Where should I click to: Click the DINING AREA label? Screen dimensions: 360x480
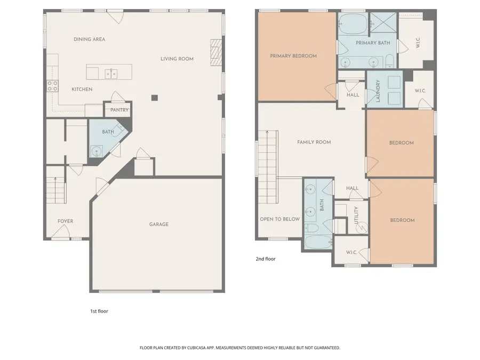point(89,39)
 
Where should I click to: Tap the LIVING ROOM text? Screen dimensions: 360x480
point(177,59)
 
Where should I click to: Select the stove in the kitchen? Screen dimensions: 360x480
point(52,85)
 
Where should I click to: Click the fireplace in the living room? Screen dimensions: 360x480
point(215,52)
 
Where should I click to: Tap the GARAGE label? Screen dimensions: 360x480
point(158,224)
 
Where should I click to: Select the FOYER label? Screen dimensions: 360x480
point(66,221)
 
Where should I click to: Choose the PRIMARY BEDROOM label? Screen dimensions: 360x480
point(293,56)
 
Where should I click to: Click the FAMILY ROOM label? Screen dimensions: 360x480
point(314,142)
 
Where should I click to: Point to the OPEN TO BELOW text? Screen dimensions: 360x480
point(279,219)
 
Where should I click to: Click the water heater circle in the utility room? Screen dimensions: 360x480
point(361,228)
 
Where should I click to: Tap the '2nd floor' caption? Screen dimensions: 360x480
point(265,259)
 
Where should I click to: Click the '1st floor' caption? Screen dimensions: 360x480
point(99,311)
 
